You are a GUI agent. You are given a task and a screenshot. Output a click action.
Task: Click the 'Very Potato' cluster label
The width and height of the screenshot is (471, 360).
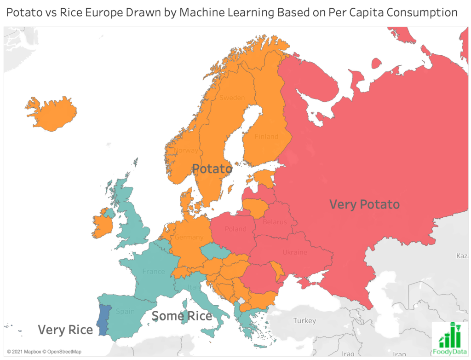click(x=364, y=204)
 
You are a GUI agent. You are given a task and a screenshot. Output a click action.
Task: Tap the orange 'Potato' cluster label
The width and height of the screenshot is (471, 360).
click(x=212, y=169)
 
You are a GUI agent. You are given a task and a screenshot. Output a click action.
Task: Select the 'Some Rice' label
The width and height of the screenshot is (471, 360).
click(x=182, y=316)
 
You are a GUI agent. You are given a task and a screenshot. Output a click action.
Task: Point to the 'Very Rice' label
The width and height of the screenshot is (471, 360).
click(x=65, y=330)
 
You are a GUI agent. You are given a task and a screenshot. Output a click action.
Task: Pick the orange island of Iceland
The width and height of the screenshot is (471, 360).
click(x=51, y=113)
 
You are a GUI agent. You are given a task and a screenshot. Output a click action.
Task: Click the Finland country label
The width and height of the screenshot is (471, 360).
click(x=267, y=136)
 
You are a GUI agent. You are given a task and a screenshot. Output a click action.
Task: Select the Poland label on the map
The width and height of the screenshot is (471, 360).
click(x=235, y=229)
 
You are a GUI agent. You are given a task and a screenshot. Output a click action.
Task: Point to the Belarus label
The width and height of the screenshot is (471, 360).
click(x=275, y=222)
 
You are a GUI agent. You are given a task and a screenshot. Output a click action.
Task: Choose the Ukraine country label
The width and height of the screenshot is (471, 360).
click(x=295, y=252)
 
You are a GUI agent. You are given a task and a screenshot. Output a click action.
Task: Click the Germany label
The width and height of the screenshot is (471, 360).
click(x=189, y=237)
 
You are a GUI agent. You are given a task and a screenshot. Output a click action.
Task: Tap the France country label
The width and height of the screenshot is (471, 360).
click(x=153, y=272)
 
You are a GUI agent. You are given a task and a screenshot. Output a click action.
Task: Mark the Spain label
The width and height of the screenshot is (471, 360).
click(x=126, y=311)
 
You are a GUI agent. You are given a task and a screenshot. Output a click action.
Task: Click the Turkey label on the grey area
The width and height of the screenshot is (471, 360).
click(x=305, y=320)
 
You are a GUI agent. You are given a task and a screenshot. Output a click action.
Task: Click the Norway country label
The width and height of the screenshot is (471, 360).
click(x=188, y=150)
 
